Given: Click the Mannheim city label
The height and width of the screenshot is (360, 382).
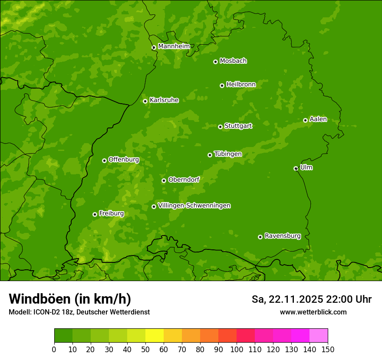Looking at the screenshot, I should [x=174, y=46].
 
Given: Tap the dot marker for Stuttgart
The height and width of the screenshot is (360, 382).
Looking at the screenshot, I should [x=220, y=127].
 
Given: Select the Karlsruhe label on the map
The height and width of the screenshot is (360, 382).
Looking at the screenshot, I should [x=164, y=100].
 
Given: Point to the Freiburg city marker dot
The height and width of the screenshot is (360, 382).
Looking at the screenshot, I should [x=95, y=214].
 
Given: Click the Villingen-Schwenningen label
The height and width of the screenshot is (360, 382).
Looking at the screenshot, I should [x=194, y=206].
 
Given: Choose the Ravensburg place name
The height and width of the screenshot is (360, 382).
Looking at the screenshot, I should [x=282, y=236].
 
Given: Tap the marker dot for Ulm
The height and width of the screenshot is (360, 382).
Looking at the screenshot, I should [x=296, y=168].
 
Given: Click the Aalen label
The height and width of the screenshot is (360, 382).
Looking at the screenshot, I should [x=318, y=119].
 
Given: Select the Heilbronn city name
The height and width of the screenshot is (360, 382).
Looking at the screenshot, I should [x=241, y=85].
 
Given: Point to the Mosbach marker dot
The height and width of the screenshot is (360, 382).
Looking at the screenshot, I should [x=215, y=62].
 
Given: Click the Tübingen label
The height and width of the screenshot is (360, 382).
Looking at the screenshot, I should [x=227, y=154].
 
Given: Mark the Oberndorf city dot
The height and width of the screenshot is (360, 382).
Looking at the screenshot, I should [x=164, y=180].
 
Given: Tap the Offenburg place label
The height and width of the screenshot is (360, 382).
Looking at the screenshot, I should [x=124, y=160].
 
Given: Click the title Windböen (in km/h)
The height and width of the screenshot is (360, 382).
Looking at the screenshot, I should [x=70, y=299].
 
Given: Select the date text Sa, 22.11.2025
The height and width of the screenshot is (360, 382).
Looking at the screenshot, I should [x=286, y=299].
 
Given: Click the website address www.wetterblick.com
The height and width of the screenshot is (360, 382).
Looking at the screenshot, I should [x=313, y=312].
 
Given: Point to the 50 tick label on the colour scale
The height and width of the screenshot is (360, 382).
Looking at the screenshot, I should [x=145, y=349].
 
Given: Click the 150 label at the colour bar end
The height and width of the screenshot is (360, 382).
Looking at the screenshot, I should [x=327, y=349].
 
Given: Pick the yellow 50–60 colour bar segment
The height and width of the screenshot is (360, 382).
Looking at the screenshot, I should [x=155, y=336].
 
